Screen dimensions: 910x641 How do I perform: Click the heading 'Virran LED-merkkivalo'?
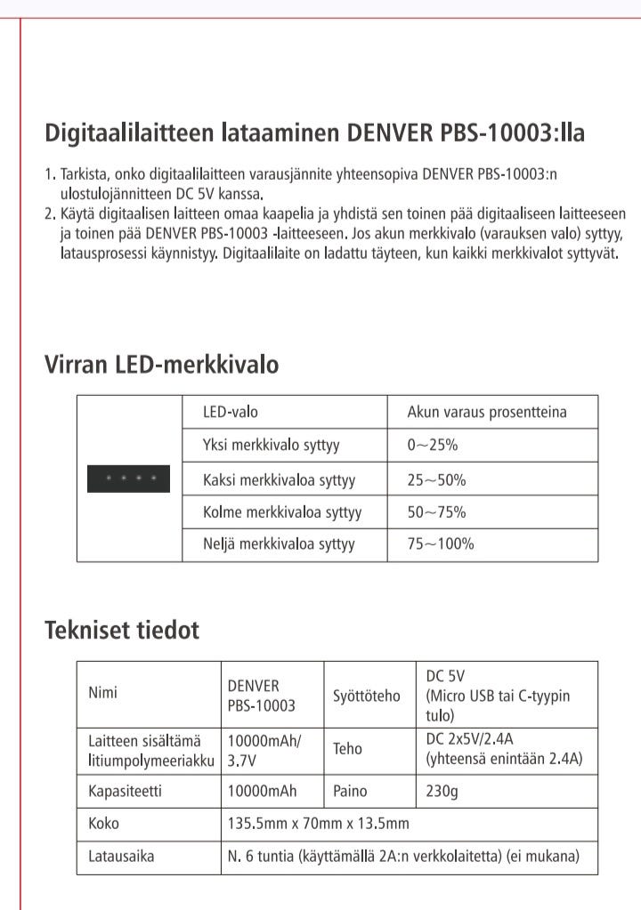tap(161, 365)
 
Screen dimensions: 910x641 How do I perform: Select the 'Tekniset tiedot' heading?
tap(122, 631)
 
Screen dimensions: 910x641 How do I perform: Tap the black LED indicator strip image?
tap(128, 479)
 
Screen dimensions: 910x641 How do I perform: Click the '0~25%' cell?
tap(433, 446)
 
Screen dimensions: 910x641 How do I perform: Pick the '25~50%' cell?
tap(436, 480)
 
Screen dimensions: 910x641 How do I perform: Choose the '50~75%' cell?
tap(436, 512)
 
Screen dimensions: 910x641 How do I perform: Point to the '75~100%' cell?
tap(441, 544)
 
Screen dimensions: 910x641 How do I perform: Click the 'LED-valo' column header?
tap(231, 413)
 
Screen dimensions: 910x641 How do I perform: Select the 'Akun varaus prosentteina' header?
tap(486, 413)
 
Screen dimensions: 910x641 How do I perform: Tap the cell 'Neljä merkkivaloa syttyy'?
tap(280, 544)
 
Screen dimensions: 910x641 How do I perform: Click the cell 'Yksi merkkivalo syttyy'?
tap(272, 446)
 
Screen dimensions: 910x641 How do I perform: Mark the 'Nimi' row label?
tap(102, 693)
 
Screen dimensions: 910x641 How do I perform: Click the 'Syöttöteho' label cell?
tap(367, 696)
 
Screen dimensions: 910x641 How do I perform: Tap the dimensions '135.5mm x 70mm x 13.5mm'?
tap(319, 824)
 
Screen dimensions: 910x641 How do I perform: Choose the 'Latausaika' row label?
tap(121, 857)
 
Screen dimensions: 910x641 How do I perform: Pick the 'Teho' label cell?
tap(347, 749)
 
